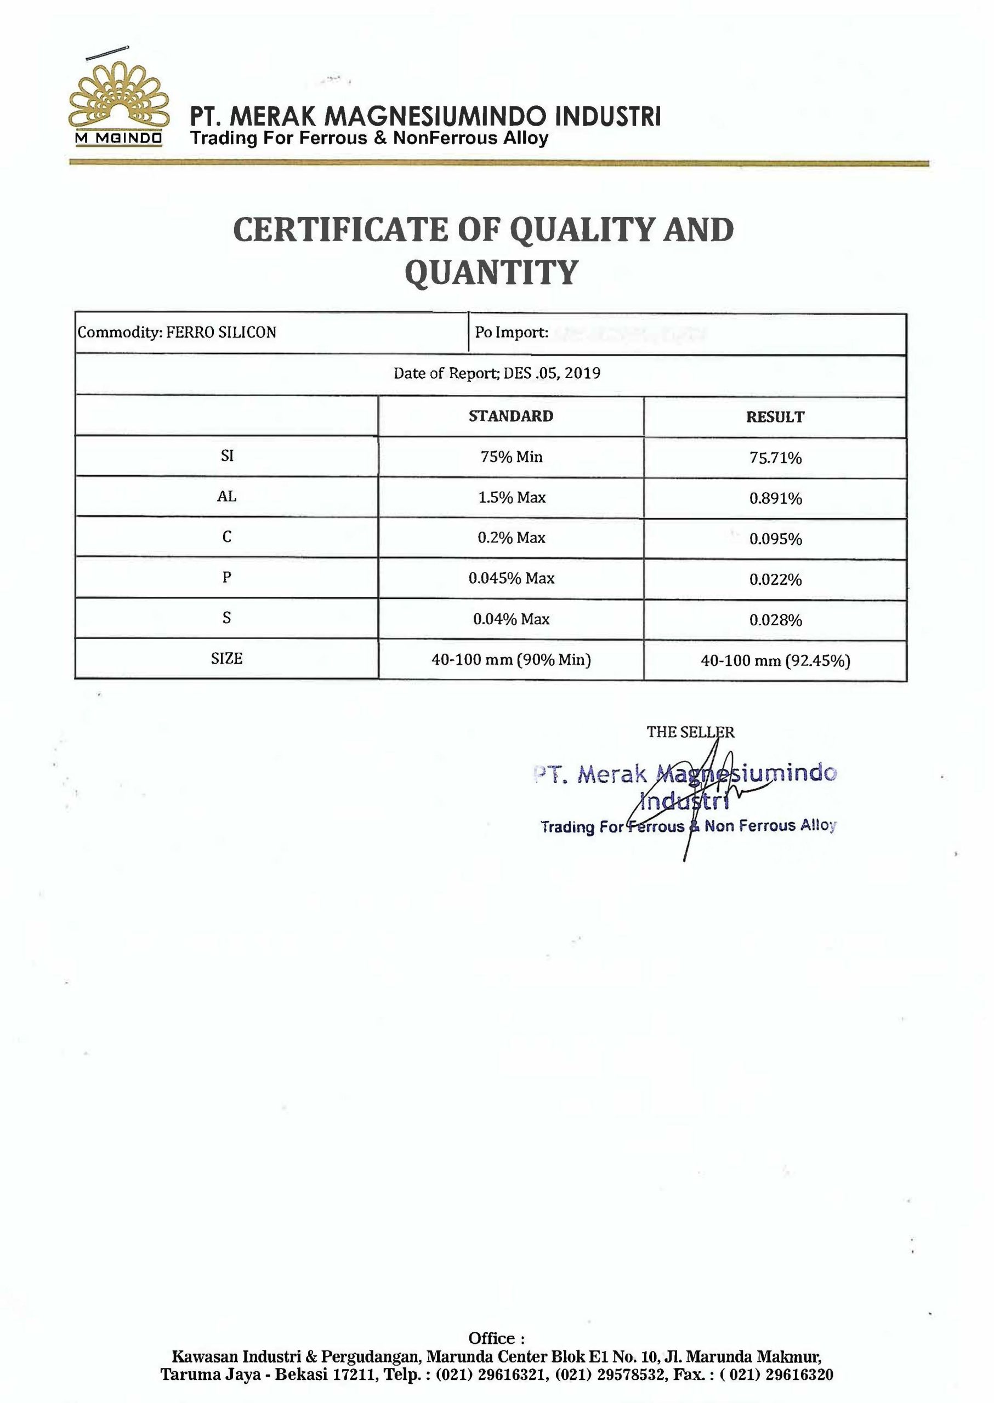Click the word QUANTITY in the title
pos(491,273)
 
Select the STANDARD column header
pos(510,416)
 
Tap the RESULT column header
pos(775,417)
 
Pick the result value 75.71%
pos(775,458)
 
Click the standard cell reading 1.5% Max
pos(512,498)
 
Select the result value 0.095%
pos(775,539)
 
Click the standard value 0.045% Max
pos(512,578)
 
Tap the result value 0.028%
pos(775,620)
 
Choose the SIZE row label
pos(226,659)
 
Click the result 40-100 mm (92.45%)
pos(775,661)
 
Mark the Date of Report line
pos(497,373)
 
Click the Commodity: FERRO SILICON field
pos(177,333)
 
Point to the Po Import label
pos(511,333)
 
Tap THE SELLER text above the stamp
pos(690,732)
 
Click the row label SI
pos(226,457)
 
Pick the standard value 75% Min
pos(512,457)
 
